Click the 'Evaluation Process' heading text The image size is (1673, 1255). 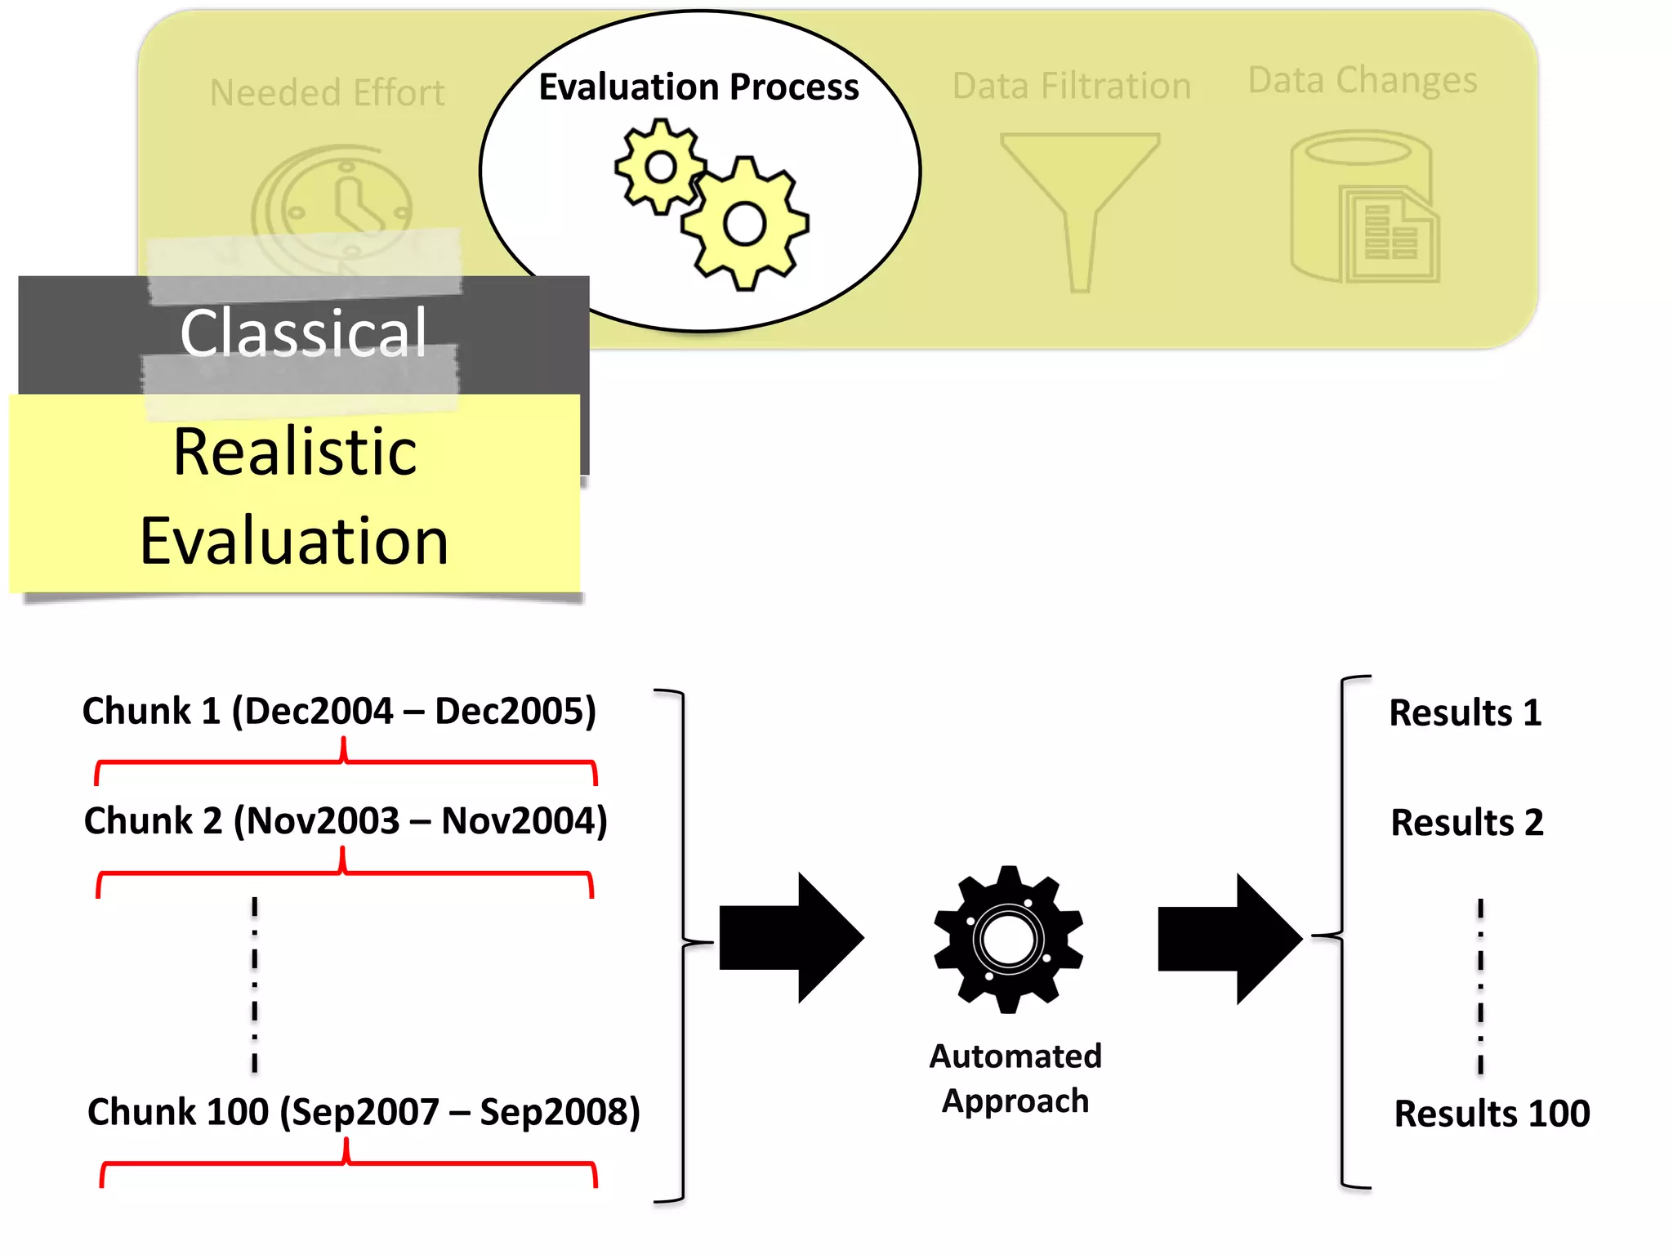(x=698, y=87)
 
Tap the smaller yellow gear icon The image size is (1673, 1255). (x=659, y=167)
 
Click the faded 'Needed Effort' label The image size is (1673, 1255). (x=327, y=92)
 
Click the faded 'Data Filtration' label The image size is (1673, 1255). (x=1071, y=86)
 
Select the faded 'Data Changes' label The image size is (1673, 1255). (x=1363, y=80)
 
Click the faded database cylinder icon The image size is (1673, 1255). (x=1363, y=208)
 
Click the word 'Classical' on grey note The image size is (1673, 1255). (x=303, y=333)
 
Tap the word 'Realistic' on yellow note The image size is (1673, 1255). (x=295, y=452)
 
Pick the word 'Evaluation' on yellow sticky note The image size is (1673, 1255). (x=294, y=541)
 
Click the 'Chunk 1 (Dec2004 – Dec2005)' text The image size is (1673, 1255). (x=339, y=711)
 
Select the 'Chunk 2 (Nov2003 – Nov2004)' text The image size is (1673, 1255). (x=346, y=820)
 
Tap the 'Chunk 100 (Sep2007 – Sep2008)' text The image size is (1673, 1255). (x=364, y=1112)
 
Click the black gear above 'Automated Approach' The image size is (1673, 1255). (x=1009, y=940)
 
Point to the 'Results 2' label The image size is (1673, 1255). (x=1467, y=822)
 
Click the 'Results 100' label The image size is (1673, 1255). (x=1492, y=1114)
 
